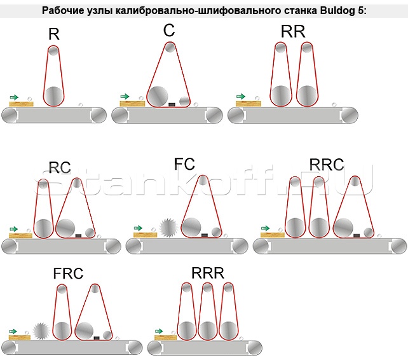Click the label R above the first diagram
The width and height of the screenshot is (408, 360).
tap(54, 34)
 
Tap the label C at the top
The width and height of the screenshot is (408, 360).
tap(168, 31)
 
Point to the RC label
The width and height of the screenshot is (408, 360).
tap(60, 168)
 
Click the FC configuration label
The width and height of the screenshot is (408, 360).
tap(184, 164)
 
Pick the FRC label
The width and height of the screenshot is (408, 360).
tap(69, 274)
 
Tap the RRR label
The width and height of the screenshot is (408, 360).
tap(207, 273)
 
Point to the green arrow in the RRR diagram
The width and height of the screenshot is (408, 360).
tap(160, 331)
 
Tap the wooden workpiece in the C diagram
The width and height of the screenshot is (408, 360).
tap(132, 103)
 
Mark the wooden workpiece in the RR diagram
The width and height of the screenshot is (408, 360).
tap(248, 102)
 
